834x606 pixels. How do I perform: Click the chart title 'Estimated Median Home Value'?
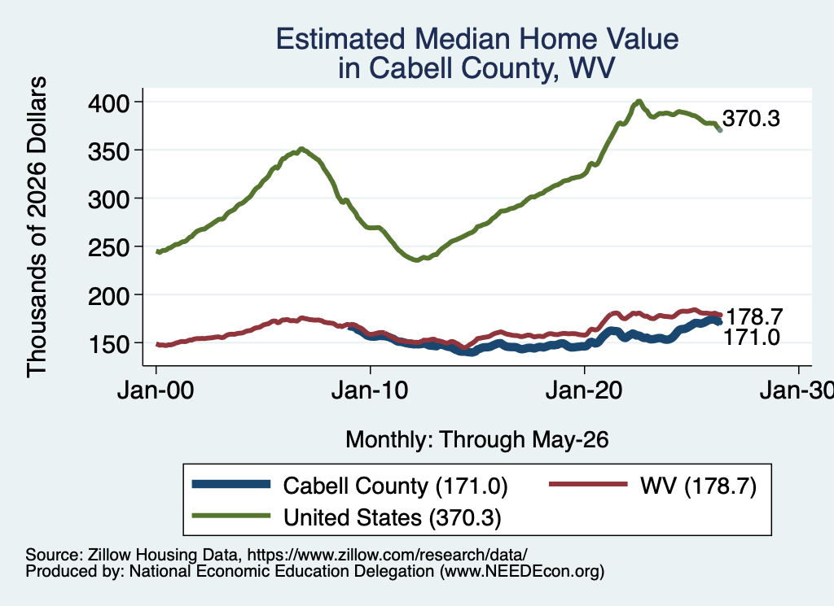[x=477, y=39]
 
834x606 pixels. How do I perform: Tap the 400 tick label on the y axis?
[x=108, y=102]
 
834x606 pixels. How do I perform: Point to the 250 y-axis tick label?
[x=108, y=247]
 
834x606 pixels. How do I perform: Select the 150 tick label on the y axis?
[x=108, y=343]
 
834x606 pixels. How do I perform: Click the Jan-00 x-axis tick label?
[x=156, y=391]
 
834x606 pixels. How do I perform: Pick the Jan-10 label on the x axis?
[x=370, y=391]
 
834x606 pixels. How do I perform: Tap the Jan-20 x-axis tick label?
[x=584, y=391]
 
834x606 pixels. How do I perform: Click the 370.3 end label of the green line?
[x=751, y=119]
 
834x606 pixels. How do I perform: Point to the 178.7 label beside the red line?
[x=754, y=316]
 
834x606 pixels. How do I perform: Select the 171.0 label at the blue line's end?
[x=752, y=337]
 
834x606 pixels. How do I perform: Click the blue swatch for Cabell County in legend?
[x=231, y=484]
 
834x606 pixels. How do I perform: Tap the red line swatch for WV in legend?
[x=588, y=484]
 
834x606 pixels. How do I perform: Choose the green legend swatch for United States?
[x=231, y=516]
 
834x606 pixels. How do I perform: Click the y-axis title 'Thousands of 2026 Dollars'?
[x=37, y=227]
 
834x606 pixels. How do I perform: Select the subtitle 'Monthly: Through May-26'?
[x=477, y=440]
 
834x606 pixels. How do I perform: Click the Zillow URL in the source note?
[x=387, y=555]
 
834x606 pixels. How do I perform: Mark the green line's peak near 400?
[x=639, y=101]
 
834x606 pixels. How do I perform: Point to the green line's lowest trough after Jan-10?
[x=416, y=260]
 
